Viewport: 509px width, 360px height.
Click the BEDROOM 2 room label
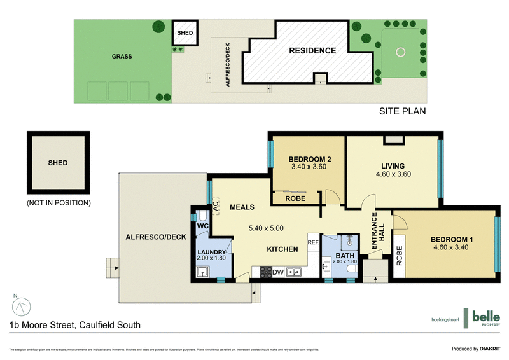coord(309,159)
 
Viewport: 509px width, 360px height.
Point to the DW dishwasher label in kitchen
coord(277,273)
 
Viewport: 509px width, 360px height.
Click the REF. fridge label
coord(313,242)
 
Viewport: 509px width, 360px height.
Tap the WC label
coord(203,226)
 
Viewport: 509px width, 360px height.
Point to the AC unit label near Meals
coord(216,205)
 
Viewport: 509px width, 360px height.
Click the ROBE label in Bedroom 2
coord(295,198)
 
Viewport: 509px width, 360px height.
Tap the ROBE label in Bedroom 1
coord(400,255)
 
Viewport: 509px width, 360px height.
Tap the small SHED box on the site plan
coord(185,32)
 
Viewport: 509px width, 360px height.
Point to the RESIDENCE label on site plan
coord(312,51)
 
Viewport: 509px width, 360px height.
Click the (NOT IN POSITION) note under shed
coord(59,203)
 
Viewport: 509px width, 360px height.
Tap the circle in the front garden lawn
coord(401,52)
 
